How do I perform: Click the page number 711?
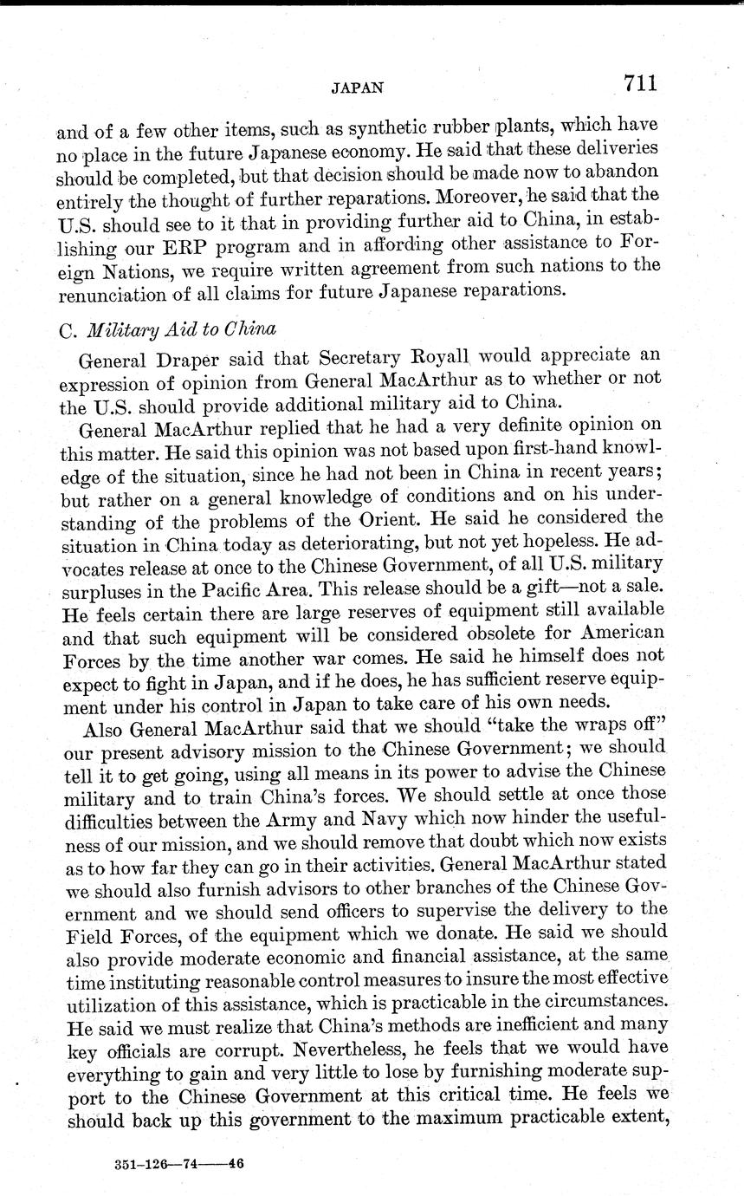coord(639,83)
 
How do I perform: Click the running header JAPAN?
coord(357,88)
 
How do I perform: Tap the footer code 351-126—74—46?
coord(179,1165)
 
